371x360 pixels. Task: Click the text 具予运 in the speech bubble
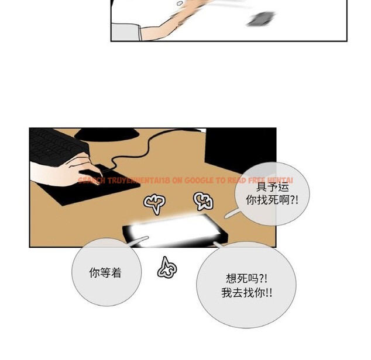[273, 186]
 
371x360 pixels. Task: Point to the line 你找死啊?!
[273, 200]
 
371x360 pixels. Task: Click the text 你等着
[107, 272]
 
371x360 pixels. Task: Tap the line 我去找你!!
[246, 293]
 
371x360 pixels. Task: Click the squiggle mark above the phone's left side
[155, 203]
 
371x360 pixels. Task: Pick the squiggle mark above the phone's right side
[202, 201]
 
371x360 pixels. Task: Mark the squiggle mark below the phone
[166, 268]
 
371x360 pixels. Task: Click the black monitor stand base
[111, 136]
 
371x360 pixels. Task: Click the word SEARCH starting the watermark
[91, 181]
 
